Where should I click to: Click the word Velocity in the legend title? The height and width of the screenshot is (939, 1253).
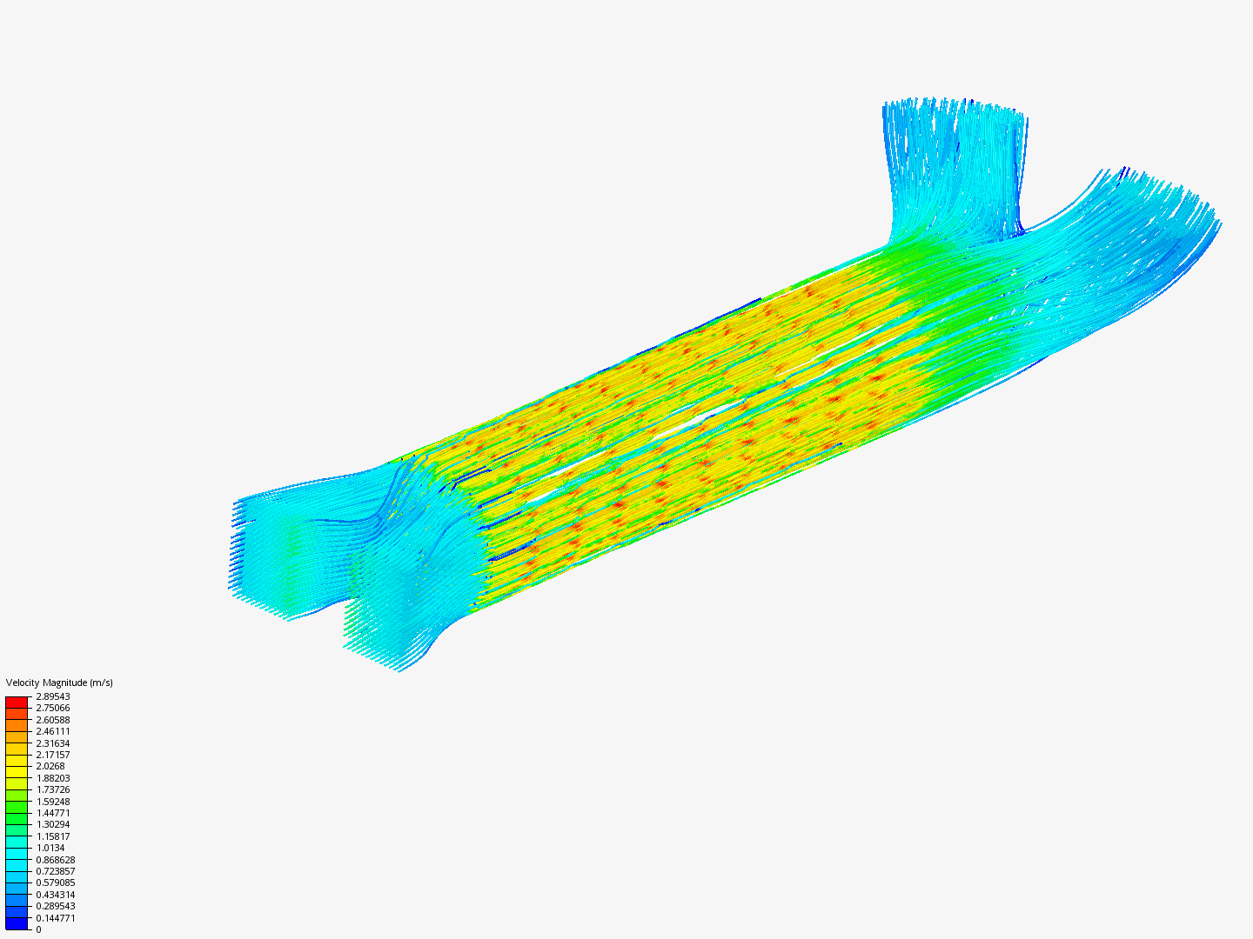click(x=23, y=683)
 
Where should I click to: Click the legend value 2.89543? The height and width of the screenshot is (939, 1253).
click(x=53, y=696)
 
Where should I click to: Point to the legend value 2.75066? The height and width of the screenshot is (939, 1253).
click(x=53, y=708)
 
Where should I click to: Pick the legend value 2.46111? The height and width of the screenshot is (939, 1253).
click(x=53, y=731)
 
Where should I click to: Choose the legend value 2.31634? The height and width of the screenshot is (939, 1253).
click(x=53, y=743)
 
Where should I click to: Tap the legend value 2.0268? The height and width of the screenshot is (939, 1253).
click(x=50, y=766)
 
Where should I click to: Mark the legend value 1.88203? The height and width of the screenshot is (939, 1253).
click(x=53, y=778)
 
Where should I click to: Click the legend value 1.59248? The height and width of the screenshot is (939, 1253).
click(x=53, y=802)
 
